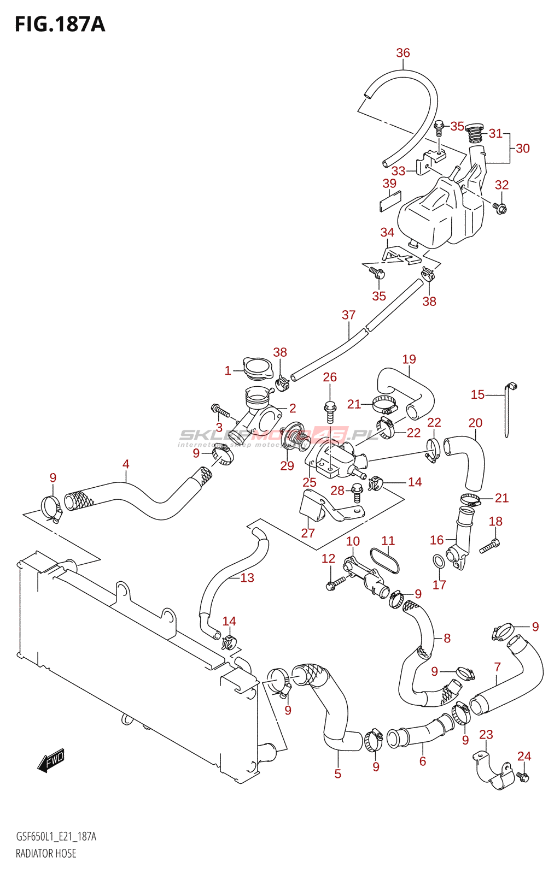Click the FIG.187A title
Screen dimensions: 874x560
60,24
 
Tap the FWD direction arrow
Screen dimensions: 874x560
51,760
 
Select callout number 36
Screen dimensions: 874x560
402,53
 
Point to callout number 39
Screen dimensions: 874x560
389,184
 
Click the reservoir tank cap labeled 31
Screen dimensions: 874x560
474,133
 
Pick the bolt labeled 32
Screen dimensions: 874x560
500,208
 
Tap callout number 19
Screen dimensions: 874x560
409,359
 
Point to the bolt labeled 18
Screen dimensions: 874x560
489,546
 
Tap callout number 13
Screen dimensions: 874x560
247,578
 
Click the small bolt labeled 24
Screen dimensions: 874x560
523,777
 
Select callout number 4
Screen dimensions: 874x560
126,464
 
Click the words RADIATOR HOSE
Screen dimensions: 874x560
46,853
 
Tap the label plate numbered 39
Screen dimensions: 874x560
390,200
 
